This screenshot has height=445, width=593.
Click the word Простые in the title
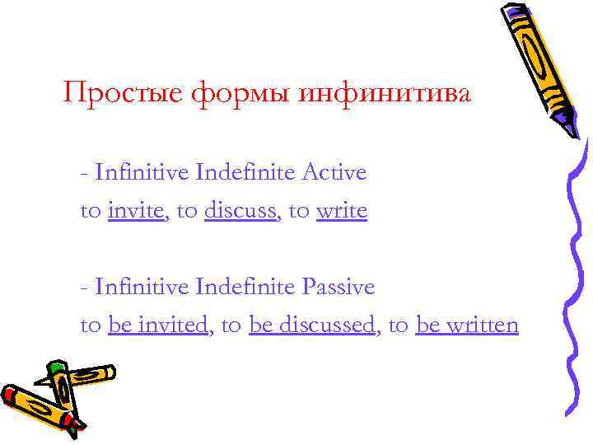[x=123, y=93]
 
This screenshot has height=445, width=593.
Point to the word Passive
[x=338, y=287]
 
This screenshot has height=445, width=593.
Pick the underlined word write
[x=341, y=211]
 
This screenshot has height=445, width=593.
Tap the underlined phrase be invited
[x=157, y=325]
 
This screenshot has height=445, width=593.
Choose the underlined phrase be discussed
[x=311, y=325]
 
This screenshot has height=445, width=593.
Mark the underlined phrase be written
[x=467, y=325]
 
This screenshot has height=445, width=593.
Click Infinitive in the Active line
[x=142, y=172]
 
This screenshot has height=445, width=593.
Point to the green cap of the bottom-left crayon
[x=56, y=368]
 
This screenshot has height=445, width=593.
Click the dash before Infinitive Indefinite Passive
[x=85, y=288]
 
